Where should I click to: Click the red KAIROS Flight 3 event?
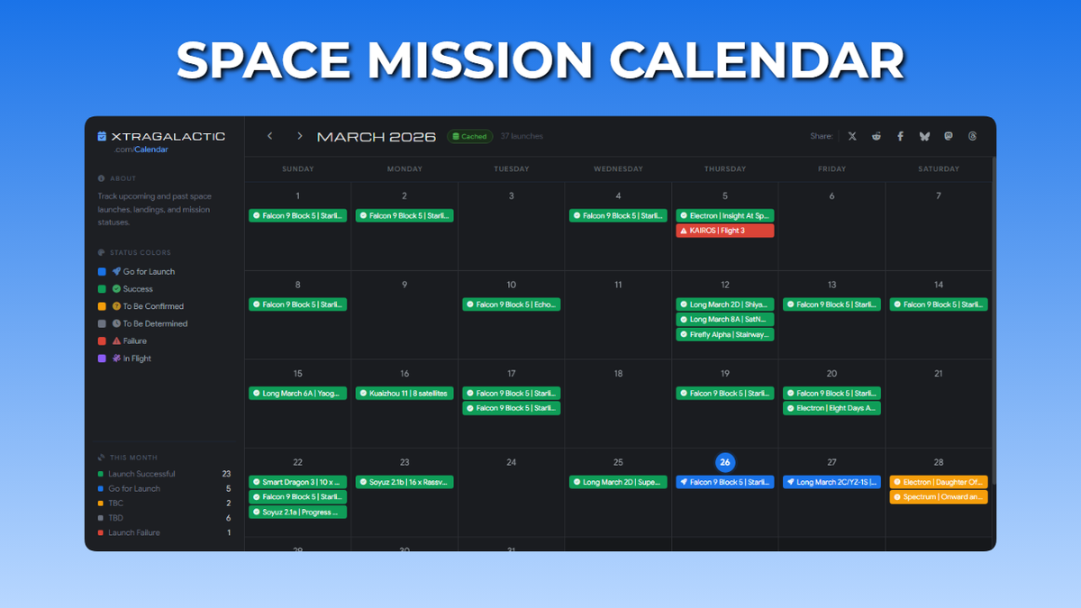pyautogui.click(x=725, y=231)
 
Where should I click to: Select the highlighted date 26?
pyautogui.click(x=725, y=462)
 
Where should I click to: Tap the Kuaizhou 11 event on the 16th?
pyautogui.click(x=404, y=394)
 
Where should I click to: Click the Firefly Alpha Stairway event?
pyautogui.click(x=725, y=334)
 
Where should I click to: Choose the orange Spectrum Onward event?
pyautogui.click(x=939, y=497)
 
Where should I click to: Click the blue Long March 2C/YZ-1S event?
pyautogui.click(x=831, y=482)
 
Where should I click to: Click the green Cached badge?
pyautogui.click(x=469, y=137)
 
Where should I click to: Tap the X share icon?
pyautogui.click(x=852, y=136)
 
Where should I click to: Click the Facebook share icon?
pyautogui.click(x=900, y=136)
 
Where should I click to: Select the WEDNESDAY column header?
pyautogui.click(x=618, y=168)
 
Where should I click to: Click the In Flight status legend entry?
pyautogui.click(x=136, y=358)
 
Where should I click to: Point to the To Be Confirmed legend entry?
pyautogui.click(x=152, y=306)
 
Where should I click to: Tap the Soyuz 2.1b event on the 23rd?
pyautogui.click(x=404, y=482)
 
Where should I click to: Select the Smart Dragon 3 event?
pyautogui.click(x=298, y=482)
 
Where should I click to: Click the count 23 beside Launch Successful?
pyautogui.click(x=227, y=474)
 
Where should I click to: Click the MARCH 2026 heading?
pyautogui.click(x=377, y=137)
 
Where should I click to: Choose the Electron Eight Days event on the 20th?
pyautogui.click(x=831, y=408)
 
